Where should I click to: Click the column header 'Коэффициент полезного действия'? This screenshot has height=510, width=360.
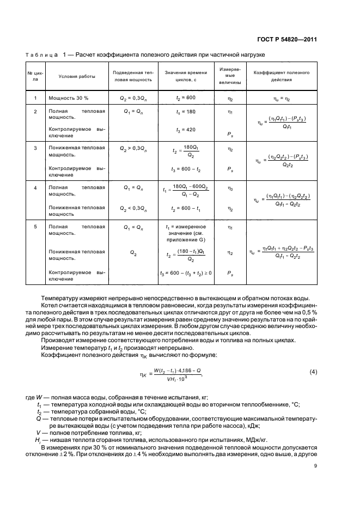pyautogui.click(x=282, y=76)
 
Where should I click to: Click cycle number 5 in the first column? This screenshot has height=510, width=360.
pyautogui.click(x=35, y=227)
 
